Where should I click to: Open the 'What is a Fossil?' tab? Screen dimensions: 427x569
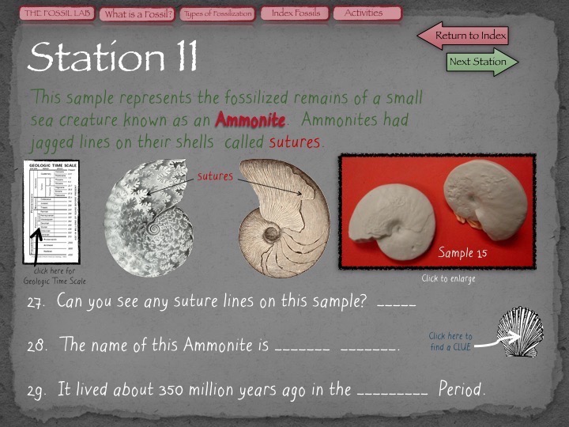tap(138, 13)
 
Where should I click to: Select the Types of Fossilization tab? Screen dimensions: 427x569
tap(217, 13)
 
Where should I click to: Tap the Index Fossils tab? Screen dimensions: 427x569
tap(296, 13)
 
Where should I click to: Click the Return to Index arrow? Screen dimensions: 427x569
tap(465, 36)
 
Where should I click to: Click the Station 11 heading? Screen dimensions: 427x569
tap(113, 57)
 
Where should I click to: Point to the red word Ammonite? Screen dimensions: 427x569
tap(245, 121)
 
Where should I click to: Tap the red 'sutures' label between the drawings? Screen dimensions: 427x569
tap(215, 176)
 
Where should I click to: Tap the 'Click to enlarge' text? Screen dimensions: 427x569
tap(448, 278)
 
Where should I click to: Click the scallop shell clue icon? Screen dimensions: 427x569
tap(521, 333)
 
